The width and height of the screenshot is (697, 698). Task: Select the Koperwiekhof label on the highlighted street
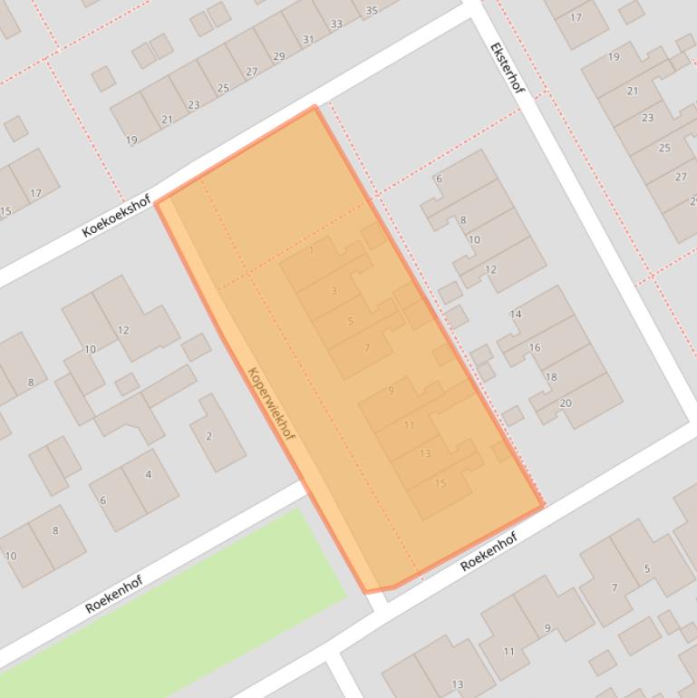(271, 403)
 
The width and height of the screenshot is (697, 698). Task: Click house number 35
(371, 11)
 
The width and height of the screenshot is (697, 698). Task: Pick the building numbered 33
(336, 24)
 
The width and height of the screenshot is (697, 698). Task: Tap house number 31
(307, 40)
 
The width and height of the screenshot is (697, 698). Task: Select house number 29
(278, 56)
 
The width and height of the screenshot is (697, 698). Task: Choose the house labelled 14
(515, 315)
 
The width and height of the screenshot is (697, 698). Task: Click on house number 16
(534, 347)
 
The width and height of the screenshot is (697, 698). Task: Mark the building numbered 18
(550, 377)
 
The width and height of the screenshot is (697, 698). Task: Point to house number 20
(566, 403)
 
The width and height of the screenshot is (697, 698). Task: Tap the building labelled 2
(209, 436)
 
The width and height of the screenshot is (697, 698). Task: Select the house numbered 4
(148, 474)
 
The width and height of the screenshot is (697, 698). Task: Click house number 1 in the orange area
(312, 249)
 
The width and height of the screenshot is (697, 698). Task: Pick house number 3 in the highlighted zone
(334, 291)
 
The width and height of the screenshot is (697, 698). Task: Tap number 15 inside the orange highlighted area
(440, 483)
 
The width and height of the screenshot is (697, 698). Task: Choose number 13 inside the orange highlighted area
(425, 453)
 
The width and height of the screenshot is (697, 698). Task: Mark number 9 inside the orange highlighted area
(391, 391)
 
